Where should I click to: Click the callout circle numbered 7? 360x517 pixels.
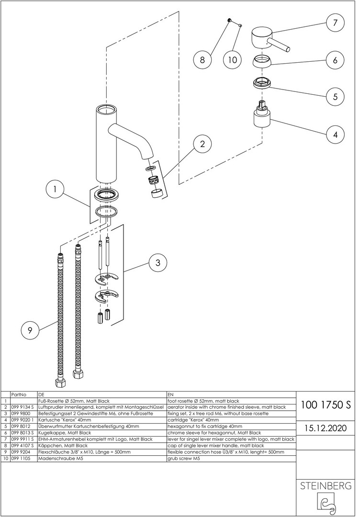[335, 22]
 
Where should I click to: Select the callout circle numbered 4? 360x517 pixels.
[335, 135]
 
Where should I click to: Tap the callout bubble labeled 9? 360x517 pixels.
[30, 330]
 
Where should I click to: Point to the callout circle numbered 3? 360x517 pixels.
[157, 262]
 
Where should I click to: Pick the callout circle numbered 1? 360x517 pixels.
[56, 190]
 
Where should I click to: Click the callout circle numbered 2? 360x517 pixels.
[202, 144]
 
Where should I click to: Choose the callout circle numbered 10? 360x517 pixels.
[233, 60]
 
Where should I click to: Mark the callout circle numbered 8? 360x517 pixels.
[202, 60]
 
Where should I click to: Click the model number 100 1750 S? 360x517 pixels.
[326, 405]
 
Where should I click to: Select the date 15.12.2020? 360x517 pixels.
[326, 427]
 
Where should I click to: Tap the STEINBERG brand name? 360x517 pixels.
[326, 486]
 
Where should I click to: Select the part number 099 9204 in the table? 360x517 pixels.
[21, 451]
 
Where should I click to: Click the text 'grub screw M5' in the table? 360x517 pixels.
[183, 458]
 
